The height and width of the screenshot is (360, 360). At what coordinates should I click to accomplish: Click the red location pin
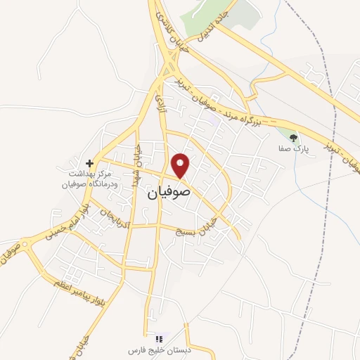point(181,165)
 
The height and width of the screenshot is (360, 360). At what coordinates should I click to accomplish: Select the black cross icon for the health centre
point(89,162)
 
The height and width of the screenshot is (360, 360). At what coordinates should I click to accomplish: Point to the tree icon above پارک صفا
point(293,138)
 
